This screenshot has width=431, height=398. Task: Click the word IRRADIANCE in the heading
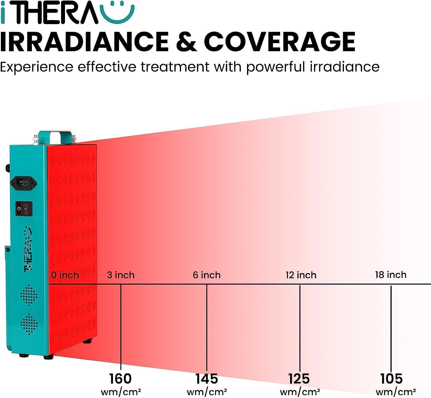pyautogui.click(x=84, y=42)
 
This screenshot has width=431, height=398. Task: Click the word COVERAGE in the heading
pyautogui.click(x=279, y=42)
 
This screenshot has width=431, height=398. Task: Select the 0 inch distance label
pyautogui.click(x=65, y=275)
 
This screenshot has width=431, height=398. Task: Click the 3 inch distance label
pyautogui.click(x=121, y=275)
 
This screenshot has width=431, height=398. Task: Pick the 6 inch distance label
pyautogui.click(x=207, y=275)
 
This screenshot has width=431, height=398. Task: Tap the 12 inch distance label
pyautogui.click(x=301, y=275)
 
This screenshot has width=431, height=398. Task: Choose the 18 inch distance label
pyautogui.click(x=390, y=275)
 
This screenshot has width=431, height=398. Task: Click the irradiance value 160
pyautogui.click(x=120, y=378)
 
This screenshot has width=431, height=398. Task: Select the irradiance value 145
pyautogui.click(x=207, y=378)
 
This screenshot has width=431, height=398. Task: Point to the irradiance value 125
pyautogui.click(x=299, y=378)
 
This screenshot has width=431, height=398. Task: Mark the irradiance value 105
pyautogui.click(x=391, y=378)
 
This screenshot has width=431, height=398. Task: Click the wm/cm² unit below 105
pyautogui.click(x=396, y=391)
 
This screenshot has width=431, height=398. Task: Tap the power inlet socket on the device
pyautogui.click(x=24, y=182)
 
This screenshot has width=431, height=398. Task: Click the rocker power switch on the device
pyautogui.click(x=24, y=208)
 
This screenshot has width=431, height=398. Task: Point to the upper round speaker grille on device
pyautogui.click(x=29, y=295)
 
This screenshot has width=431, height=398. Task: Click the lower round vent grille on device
pyautogui.click(x=29, y=324)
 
